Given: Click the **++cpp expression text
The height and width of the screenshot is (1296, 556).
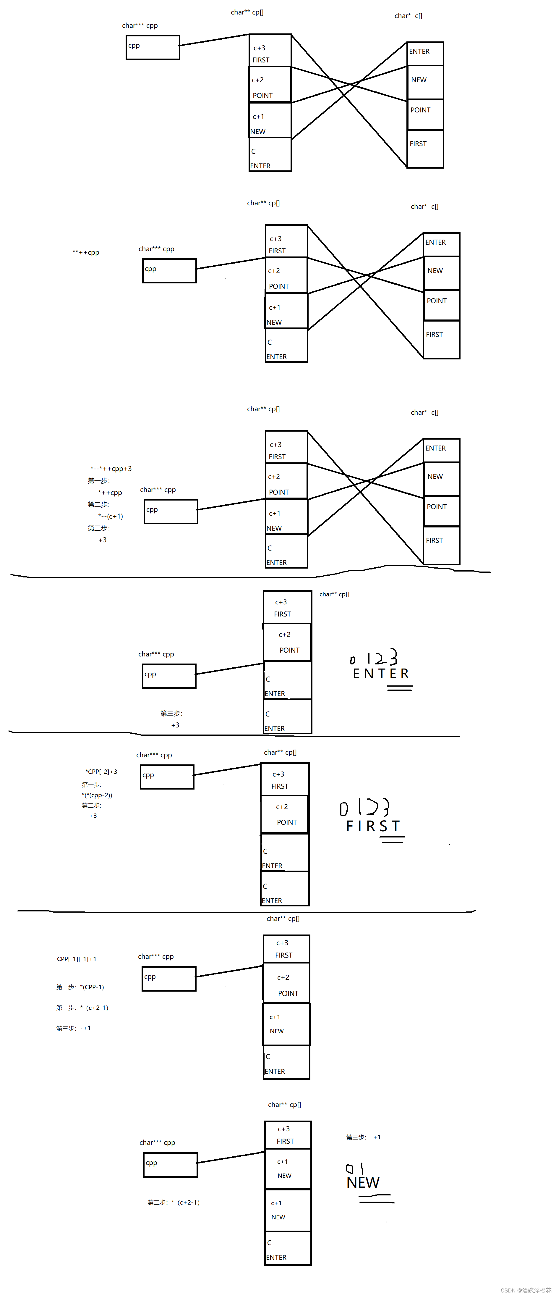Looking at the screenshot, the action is click(86, 253).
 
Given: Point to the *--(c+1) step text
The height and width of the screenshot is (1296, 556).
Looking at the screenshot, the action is click(111, 516).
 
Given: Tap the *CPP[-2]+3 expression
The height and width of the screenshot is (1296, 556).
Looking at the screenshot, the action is click(101, 772).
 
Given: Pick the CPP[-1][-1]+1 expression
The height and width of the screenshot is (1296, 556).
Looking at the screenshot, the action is click(77, 959).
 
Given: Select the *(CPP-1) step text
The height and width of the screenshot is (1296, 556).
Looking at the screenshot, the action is click(92, 987).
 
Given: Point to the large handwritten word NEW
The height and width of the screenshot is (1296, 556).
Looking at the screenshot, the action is click(363, 1182).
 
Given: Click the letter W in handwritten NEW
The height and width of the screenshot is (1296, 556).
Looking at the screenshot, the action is click(372, 1182).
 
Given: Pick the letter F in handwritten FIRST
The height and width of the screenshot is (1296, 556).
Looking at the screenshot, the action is click(350, 826).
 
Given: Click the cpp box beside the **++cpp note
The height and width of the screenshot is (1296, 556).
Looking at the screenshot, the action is click(169, 271).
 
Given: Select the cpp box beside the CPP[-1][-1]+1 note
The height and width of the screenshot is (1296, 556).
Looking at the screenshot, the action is click(169, 979).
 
